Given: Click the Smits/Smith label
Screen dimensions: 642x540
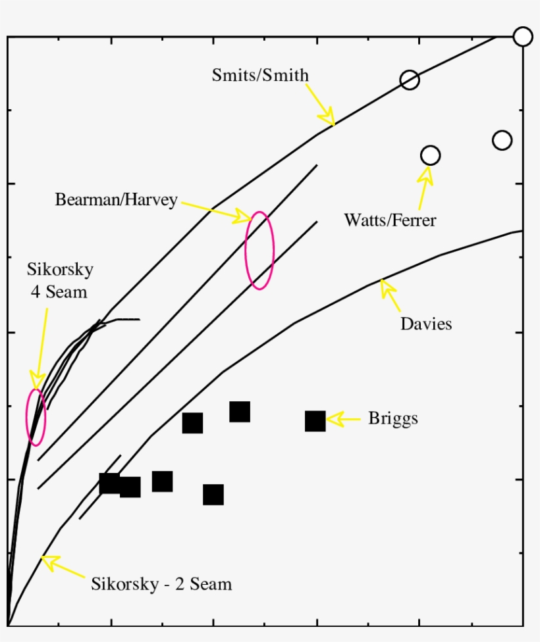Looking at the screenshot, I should tap(260, 76).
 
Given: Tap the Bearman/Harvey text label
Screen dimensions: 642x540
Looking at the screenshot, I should tap(116, 200).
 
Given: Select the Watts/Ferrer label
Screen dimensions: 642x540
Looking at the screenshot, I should tap(390, 220).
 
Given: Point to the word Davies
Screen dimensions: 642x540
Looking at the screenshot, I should tap(426, 324).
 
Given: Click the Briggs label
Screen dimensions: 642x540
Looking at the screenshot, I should tap(393, 419).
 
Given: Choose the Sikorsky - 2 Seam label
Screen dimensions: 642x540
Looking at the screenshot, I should tap(161, 584).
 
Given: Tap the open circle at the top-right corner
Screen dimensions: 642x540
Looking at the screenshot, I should tap(522, 37).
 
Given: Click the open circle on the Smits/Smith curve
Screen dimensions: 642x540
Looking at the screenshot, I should tap(410, 80).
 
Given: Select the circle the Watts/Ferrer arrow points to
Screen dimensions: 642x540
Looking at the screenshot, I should tap(430, 156).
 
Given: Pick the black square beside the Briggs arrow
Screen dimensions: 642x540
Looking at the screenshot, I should tap(315, 421).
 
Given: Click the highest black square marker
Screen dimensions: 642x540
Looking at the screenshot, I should tap(240, 412).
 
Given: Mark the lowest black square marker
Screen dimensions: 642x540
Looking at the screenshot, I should tap(213, 495).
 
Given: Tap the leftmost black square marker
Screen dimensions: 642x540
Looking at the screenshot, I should tap(109, 483).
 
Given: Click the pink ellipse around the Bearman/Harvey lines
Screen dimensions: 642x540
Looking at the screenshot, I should tap(259, 250).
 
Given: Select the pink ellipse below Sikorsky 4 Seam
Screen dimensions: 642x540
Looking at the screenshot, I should tap(36, 417).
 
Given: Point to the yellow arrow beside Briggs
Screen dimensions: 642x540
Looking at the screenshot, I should tap(344, 419).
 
